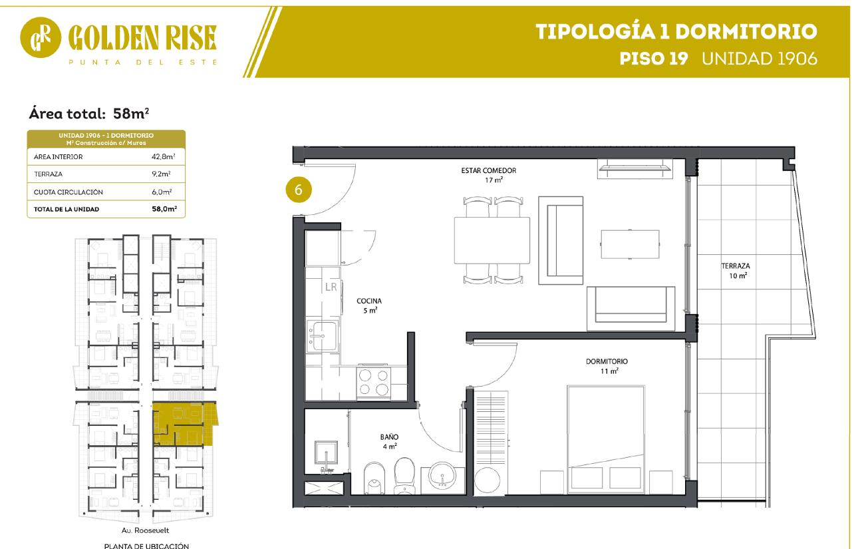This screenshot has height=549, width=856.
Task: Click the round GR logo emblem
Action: [x=41, y=37]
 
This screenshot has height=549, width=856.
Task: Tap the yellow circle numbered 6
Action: [x=299, y=190]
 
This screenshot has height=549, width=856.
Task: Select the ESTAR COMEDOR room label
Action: [x=488, y=170]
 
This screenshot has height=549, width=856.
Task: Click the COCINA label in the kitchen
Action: [x=368, y=301]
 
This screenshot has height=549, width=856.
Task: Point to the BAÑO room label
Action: [x=389, y=437]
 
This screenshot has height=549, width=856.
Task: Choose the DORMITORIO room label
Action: [x=607, y=361]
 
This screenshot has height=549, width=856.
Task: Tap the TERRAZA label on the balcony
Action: [x=735, y=266]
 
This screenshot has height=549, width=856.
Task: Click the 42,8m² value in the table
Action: [x=163, y=156]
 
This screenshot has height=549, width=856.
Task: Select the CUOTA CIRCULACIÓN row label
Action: [x=68, y=192]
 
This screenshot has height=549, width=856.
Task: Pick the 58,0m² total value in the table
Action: [x=164, y=209]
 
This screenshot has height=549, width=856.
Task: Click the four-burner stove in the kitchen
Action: [x=373, y=381]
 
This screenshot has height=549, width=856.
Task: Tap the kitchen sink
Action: [x=323, y=335]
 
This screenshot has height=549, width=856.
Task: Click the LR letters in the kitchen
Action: [x=331, y=287]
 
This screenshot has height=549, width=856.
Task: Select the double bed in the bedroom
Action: [x=606, y=439]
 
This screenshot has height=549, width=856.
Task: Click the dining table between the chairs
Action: [x=492, y=240]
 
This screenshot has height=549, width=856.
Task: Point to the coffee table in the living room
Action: [x=630, y=244]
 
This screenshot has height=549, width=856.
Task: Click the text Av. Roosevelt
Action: [x=145, y=530]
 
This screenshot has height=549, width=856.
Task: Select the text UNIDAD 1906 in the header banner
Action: [x=760, y=59]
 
